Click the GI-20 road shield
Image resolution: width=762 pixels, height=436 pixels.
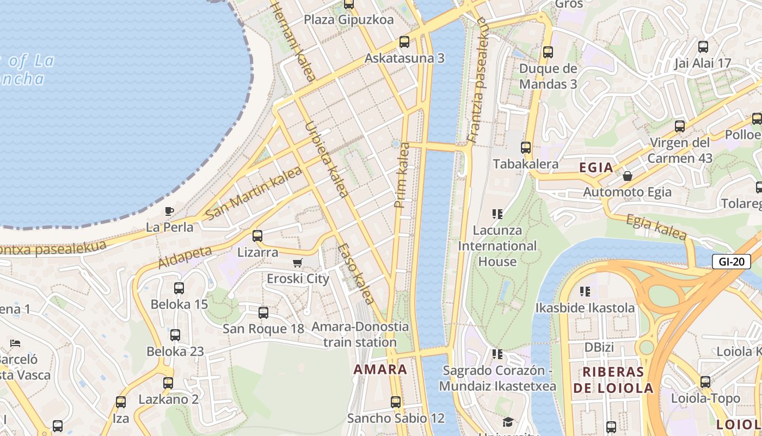731,262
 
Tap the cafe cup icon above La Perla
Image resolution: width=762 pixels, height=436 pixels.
169,211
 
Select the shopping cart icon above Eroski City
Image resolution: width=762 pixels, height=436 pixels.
297,263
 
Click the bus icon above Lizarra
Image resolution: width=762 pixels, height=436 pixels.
257,236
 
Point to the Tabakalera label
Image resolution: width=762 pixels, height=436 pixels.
525,164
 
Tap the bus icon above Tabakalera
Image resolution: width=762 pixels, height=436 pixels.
526,147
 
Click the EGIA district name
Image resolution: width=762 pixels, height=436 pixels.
596,168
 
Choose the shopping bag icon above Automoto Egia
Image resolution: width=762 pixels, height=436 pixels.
628,176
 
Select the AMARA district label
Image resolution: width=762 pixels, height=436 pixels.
380,370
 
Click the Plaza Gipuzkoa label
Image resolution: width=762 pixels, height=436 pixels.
349,20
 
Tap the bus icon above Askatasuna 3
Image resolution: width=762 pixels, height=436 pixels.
404,41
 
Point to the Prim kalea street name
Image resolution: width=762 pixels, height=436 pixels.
402,174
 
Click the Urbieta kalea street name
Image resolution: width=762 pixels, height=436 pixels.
326,158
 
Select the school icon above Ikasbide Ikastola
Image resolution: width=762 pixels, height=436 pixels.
585,292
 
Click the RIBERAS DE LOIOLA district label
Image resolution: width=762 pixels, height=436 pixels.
613,380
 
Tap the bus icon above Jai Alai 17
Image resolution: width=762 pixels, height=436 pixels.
703,46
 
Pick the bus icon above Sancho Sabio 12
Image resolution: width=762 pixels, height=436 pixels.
396,402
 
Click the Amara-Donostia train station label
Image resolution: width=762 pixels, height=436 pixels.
360,335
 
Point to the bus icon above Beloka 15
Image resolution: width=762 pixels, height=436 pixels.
179,288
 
